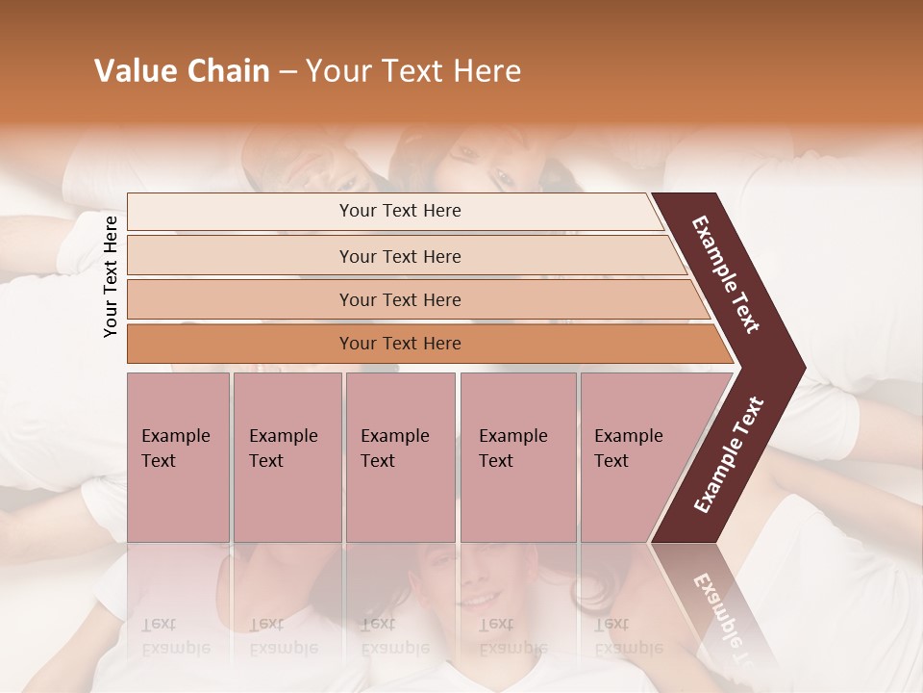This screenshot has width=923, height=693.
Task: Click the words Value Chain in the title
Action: tap(182, 71)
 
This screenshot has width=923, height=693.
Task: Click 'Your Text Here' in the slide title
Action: tap(413, 71)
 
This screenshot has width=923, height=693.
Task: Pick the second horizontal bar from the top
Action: tap(400, 256)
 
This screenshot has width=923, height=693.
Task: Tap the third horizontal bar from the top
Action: tap(400, 299)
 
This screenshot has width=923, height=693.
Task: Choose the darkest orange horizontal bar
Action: tap(400, 344)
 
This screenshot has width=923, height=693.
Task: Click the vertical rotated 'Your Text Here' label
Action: tap(111, 277)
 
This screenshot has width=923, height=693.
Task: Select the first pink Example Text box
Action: tap(178, 457)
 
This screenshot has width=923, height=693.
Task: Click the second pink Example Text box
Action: tap(287, 457)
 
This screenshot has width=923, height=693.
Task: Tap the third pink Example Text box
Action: tap(400, 457)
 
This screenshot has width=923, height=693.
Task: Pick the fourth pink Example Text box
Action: tap(517, 457)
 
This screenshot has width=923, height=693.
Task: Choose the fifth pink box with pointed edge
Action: tap(635, 457)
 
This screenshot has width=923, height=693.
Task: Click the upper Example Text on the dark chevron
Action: tap(726, 274)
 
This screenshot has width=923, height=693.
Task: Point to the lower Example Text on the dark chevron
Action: tap(729, 454)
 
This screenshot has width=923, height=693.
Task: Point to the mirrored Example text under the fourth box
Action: tap(512, 636)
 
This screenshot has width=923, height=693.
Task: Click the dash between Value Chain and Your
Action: tap(287, 72)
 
